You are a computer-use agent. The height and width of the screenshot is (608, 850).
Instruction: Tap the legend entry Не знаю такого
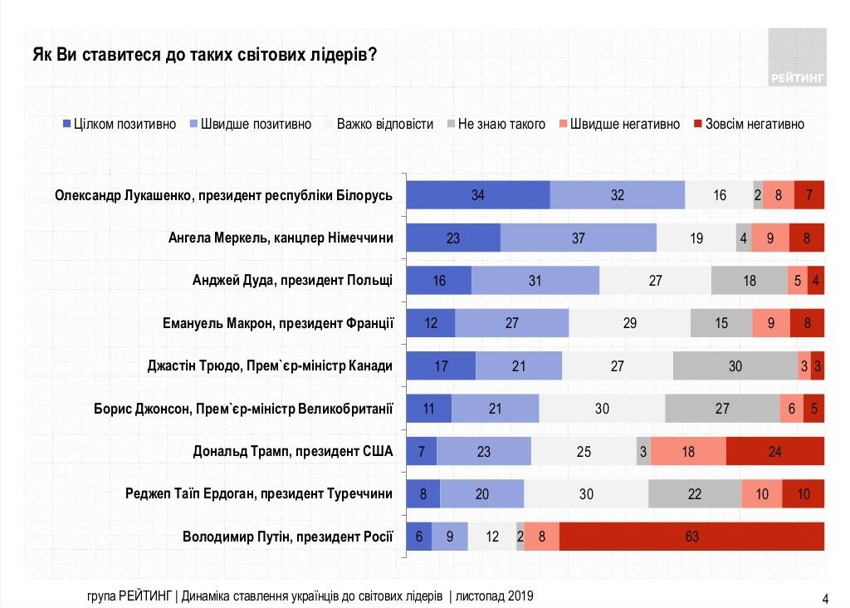click(x=496, y=124)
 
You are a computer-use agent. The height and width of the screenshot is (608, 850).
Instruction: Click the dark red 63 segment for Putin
click(x=691, y=537)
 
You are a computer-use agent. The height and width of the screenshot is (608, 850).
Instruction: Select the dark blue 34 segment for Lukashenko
click(x=477, y=195)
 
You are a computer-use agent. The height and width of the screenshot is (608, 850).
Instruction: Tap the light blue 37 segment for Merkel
click(x=579, y=238)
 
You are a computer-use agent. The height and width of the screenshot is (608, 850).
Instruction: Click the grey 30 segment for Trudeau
click(x=735, y=365)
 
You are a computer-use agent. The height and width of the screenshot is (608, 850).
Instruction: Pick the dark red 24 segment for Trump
click(x=774, y=451)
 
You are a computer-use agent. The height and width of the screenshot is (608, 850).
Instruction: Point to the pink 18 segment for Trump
click(x=688, y=451)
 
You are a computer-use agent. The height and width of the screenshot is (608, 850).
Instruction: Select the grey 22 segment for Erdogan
click(x=695, y=493)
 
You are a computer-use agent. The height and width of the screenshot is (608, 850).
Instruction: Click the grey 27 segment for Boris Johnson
click(x=722, y=408)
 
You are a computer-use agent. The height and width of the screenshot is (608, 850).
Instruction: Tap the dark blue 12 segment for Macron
click(x=430, y=323)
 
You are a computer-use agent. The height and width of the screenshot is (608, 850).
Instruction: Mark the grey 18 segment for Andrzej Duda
click(x=749, y=281)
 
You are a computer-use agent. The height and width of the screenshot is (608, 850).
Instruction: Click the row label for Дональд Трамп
click(x=292, y=451)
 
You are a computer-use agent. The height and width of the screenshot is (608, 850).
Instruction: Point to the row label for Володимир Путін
click(x=287, y=537)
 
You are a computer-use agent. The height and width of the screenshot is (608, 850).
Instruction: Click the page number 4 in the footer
click(x=824, y=598)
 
